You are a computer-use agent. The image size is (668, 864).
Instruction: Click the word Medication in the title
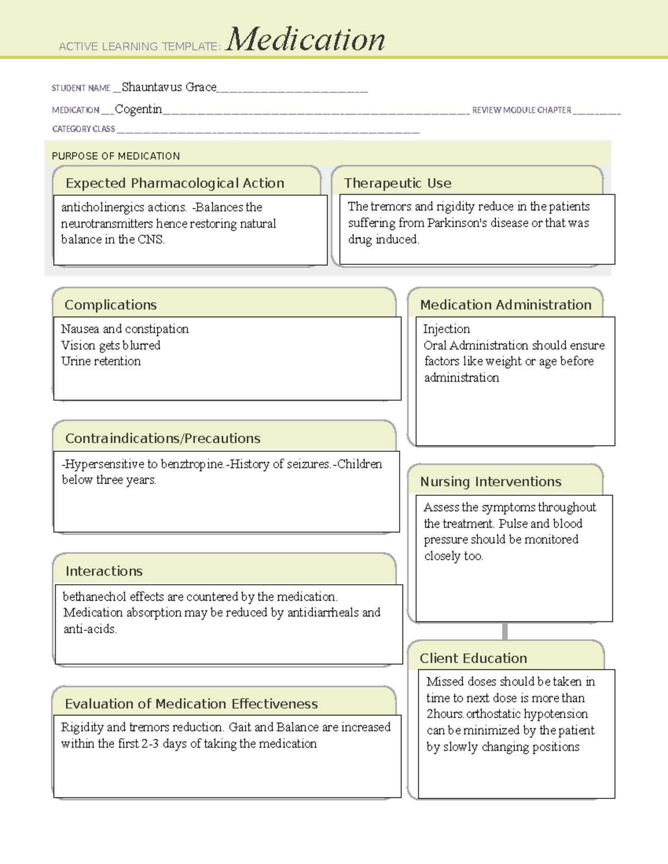tap(305, 40)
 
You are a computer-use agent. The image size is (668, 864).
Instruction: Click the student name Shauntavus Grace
tap(169, 87)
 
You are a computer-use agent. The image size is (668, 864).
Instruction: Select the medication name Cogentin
tap(139, 109)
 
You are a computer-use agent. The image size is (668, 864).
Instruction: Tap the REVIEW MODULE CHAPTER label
tap(522, 110)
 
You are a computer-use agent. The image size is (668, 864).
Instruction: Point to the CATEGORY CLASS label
tap(83, 129)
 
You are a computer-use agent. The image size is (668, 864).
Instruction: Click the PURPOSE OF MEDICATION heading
tap(116, 156)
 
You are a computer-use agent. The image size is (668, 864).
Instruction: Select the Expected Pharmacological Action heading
tap(175, 183)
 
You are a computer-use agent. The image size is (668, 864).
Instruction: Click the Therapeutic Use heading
tap(397, 183)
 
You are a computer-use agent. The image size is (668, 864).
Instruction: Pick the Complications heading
tap(111, 305)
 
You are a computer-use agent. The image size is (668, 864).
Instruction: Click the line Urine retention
tap(101, 361)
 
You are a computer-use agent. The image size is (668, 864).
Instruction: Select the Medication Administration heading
tap(505, 305)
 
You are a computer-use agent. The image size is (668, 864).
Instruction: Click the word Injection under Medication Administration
tap(446, 329)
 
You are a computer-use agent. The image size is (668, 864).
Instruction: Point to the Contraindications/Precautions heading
tap(163, 438)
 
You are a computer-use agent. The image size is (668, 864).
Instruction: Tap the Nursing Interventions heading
tap(490, 482)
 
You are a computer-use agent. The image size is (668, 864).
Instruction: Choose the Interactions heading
tap(104, 571)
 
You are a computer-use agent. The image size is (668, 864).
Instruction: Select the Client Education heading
tap(473, 659)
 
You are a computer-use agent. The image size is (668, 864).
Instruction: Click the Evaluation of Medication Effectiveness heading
tap(191, 704)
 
